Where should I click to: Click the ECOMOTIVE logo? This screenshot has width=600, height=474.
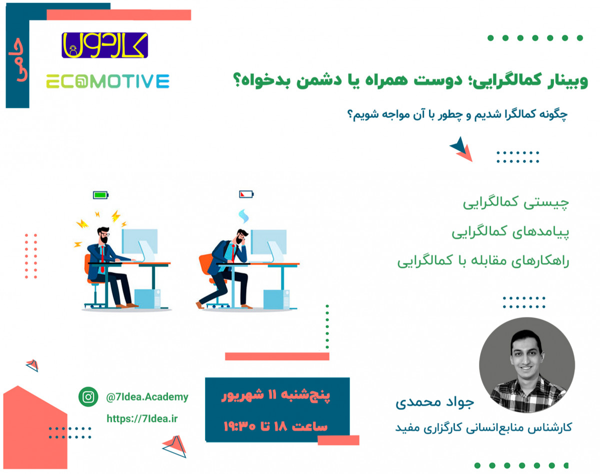pos(107,81)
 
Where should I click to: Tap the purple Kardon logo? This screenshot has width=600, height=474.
pos(105,45)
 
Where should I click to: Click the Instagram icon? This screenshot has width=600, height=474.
pos(88,397)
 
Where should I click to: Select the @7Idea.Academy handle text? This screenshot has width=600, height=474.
pos(147,397)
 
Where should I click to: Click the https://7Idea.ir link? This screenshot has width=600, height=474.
pos(141,418)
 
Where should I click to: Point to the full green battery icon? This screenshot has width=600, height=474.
pos(100,194)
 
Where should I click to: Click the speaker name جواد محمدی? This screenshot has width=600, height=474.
pos(434,403)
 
